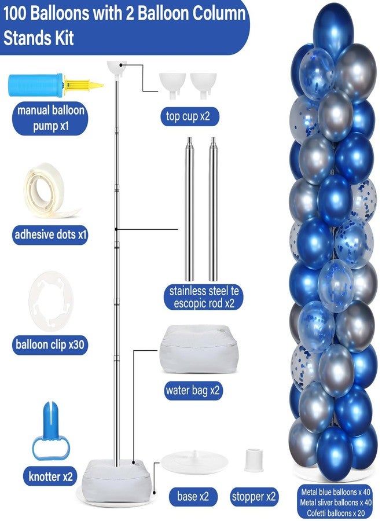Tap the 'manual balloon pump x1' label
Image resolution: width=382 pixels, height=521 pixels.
tap(50, 118)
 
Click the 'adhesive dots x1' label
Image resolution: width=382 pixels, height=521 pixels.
tap(50, 234)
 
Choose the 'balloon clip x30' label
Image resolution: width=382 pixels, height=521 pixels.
tap(50, 344)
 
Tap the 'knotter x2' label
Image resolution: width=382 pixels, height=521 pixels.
tap(50, 476)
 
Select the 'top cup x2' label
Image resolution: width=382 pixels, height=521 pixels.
tap(189, 116)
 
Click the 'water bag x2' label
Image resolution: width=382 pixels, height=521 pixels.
tap(193, 390)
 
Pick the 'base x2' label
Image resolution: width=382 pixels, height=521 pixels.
tap(193, 497)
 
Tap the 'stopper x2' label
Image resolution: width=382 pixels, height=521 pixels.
tap(254, 497)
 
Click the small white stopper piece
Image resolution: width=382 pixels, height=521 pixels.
tap(254, 460)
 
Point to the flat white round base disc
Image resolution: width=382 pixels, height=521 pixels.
tap(194, 463)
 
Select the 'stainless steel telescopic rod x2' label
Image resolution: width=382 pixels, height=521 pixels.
tap(204, 298)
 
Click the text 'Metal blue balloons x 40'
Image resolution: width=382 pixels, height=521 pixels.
tap(336, 491)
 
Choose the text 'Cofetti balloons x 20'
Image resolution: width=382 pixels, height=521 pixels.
tap(336, 513)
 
